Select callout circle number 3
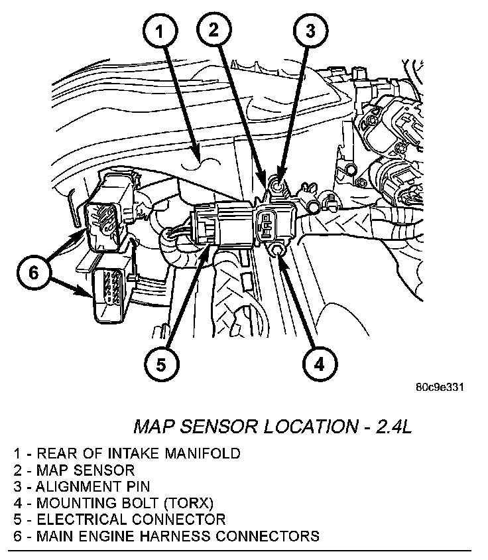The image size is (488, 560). (310, 30)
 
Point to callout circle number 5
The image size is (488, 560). (163, 364)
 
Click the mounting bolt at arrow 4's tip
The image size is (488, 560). (277, 249)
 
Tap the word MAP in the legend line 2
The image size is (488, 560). (52, 470)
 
